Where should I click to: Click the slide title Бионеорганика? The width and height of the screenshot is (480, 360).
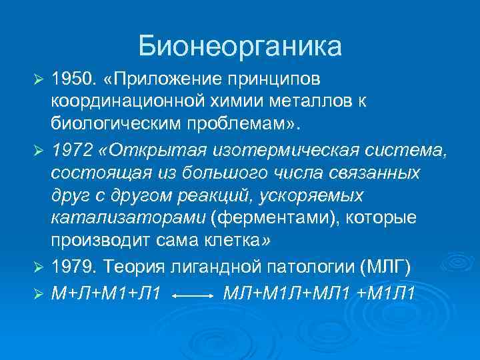pyautogui.click(x=240, y=46)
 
